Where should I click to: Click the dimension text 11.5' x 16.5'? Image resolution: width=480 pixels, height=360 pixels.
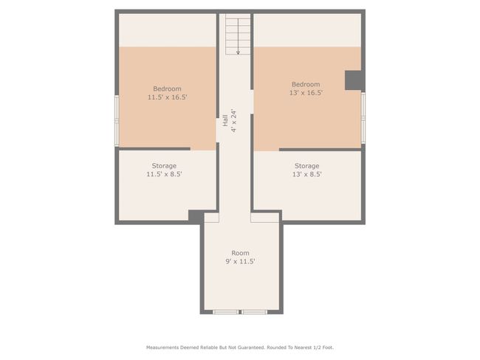pyautogui.click(x=167, y=97)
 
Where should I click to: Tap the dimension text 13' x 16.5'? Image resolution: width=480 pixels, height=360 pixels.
pyautogui.click(x=306, y=93)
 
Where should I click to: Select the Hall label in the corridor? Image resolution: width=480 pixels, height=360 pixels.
pyautogui.click(x=225, y=120)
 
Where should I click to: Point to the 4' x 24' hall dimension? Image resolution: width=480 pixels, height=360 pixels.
pyautogui.click(x=234, y=120)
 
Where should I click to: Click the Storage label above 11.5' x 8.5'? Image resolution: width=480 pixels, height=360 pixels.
pyautogui.click(x=164, y=166)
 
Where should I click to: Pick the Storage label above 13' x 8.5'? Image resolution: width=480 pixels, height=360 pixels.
pyautogui.click(x=306, y=166)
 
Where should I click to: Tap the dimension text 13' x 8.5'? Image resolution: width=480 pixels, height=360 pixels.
pyautogui.click(x=306, y=174)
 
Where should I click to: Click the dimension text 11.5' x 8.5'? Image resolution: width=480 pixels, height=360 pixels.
pyautogui.click(x=164, y=174)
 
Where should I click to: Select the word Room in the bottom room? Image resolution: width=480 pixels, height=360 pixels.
pyautogui.click(x=240, y=253)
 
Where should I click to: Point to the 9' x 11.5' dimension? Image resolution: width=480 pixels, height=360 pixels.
pyautogui.click(x=240, y=261)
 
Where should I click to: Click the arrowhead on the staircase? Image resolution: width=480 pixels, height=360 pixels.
pyautogui.click(x=239, y=52)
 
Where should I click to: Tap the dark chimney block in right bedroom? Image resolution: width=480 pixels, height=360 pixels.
pyautogui.click(x=354, y=80)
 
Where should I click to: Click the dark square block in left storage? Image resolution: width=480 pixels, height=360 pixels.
pyautogui.click(x=196, y=216)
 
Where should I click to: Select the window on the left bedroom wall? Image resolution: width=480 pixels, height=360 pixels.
pyautogui.click(x=117, y=120)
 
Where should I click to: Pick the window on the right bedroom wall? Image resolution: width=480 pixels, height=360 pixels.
pyautogui.click(x=363, y=117)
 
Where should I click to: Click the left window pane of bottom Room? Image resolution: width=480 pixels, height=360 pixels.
pyautogui.click(x=226, y=312)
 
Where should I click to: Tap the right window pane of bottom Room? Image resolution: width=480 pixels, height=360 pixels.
pyautogui.click(x=254, y=312)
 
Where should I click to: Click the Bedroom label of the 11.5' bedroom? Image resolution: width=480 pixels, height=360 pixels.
pyautogui.click(x=167, y=89)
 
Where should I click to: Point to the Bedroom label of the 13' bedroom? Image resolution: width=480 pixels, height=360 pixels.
pyautogui.click(x=306, y=84)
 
